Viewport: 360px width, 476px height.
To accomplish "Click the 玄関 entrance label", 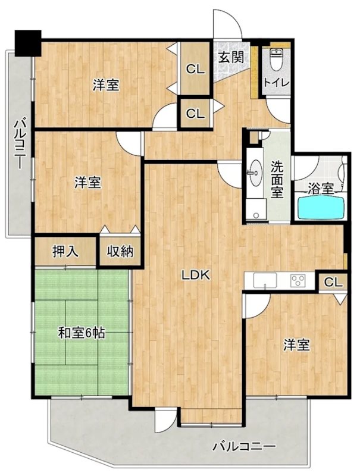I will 229,58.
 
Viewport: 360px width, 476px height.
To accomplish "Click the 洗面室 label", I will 277,179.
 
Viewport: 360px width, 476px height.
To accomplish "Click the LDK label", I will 194,275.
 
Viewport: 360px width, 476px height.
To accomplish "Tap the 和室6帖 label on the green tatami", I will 82,333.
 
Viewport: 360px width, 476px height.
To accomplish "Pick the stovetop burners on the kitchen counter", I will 298,280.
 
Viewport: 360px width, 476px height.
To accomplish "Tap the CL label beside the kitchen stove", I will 333,282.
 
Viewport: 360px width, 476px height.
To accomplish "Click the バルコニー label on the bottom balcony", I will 243,446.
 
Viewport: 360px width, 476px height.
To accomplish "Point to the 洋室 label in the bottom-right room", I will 296,345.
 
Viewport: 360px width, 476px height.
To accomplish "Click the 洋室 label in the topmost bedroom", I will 106,86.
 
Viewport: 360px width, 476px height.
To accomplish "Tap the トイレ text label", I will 276,83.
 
